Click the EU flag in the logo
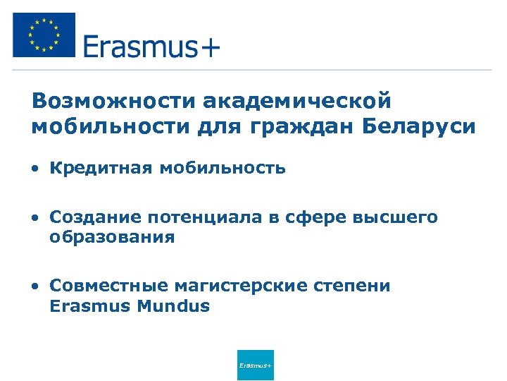pyautogui.click(x=44, y=35)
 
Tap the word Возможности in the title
pyautogui.click(x=113, y=100)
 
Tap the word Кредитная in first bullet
pyautogui.click(x=101, y=168)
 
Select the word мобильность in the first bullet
pyautogui.click(x=223, y=168)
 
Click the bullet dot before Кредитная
pyautogui.click(x=35, y=169)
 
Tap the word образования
pyautogui.click(x=112, y=238)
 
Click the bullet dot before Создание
pyautogui.click(x=35, y=219)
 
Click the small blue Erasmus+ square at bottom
pyautogui.click(x=256, y=365)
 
